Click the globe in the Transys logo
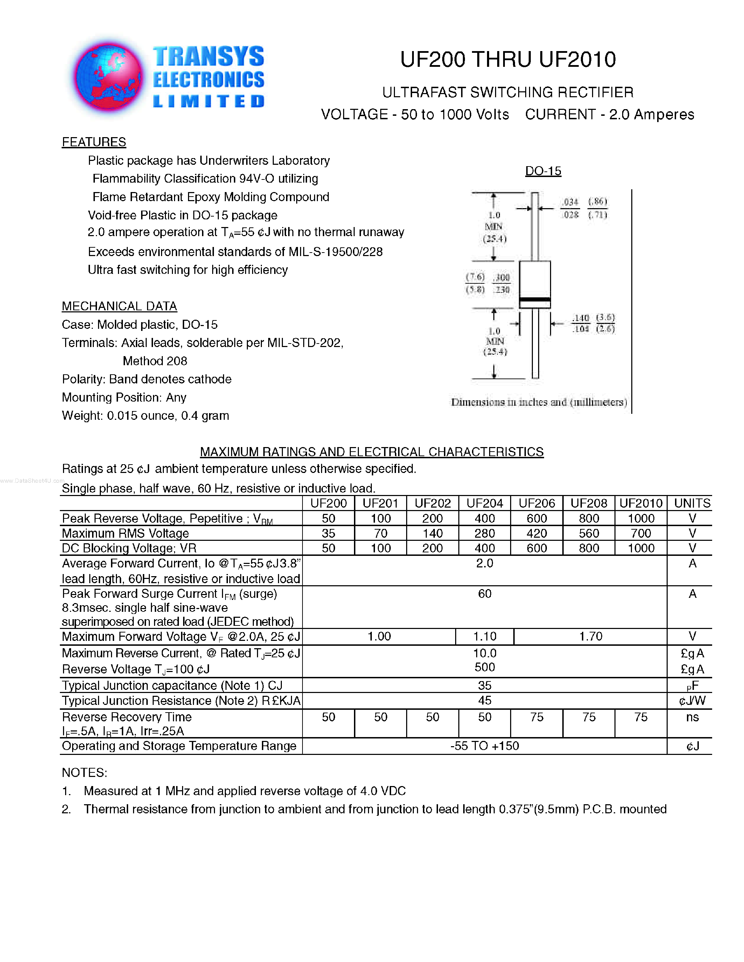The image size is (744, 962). (x=108, y=76)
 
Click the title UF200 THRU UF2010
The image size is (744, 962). (x=508, y=59)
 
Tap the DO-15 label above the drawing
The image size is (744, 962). (x=543, y=171)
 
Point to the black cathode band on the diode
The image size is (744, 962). (x=535, y=299)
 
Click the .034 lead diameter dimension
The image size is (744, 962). (x=571, y=202)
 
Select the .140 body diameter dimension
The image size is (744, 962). (x=581, y=318)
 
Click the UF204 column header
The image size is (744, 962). (x=485, y=503)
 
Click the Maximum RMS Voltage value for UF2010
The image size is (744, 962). (x=640, y=533)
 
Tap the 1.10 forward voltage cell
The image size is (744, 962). (x=485, y=636)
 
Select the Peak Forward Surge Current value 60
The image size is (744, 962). (x=485, y=594)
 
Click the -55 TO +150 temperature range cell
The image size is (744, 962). (x=485, y=746)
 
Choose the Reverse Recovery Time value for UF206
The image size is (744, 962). (x=536, y=717)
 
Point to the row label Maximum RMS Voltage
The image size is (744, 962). (x=126, y=533)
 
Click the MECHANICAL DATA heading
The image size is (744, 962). (x=119, y=306)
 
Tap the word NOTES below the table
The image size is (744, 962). (x=84, y=773)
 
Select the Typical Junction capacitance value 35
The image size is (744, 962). (x=485, y=685)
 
